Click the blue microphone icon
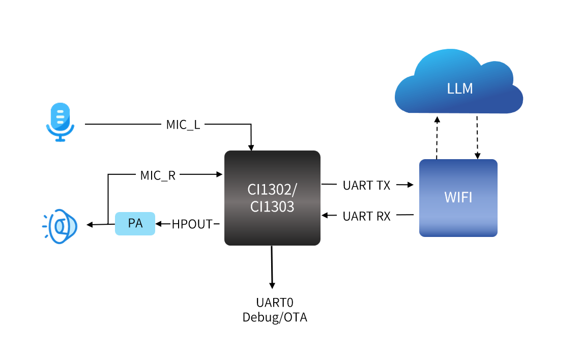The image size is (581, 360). pos(60,122)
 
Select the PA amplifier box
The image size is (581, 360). pos(135,224)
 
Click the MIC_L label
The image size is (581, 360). pos(183,125)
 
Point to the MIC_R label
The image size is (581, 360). pos(158,175)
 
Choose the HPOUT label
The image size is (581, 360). pos(192,224)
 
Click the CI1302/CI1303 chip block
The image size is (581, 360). pos(272,198)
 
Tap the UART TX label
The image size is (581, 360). pos(366,186)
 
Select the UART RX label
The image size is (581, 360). pos(366,216)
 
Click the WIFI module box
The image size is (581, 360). pos(458,197)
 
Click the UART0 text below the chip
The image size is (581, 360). pos(275,303)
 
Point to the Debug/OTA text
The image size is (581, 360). pos(275,318)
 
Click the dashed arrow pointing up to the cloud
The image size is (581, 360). pos(437,137)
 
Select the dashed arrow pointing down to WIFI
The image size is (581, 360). pos(477,137)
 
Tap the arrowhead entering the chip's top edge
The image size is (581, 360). pos(251,147)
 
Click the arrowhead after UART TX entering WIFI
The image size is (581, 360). pos(412,186)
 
